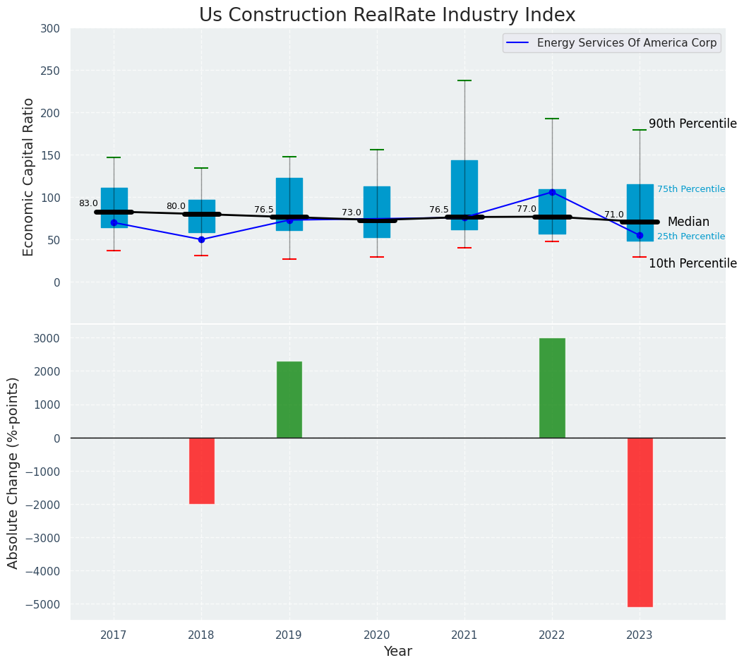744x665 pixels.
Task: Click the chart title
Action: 387,16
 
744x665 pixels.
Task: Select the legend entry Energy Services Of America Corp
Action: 626,43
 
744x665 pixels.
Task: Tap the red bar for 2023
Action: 640,522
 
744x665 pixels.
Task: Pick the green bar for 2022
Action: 552,388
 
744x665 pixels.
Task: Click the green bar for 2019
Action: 289,400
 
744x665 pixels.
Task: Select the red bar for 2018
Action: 201,471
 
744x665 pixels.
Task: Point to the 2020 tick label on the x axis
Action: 376,635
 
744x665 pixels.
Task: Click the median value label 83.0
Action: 88,203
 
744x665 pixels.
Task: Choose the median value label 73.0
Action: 352,212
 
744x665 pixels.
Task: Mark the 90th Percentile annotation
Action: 692,124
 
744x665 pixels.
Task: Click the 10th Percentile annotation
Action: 692,263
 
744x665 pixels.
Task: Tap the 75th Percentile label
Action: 691,189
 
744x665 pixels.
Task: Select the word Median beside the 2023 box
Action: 688,222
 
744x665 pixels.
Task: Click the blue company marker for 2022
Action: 552,192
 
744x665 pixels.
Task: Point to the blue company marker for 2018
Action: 201,239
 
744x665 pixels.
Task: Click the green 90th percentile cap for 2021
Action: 464,80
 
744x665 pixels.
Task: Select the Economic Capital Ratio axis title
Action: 29,176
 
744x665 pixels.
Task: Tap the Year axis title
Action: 397,652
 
